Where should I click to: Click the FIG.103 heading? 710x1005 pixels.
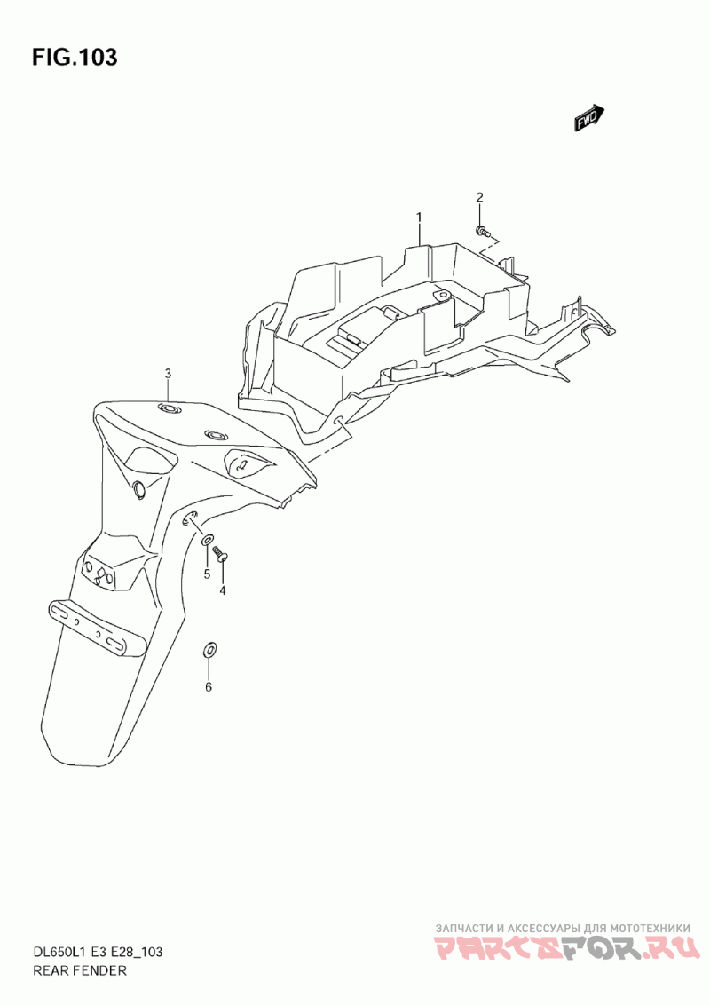(75, 58)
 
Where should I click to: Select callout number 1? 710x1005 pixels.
(419, 218)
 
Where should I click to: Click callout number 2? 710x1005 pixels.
(478, 197)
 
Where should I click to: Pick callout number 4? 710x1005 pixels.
(223, 590)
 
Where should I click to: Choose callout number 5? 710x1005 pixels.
(207, 574)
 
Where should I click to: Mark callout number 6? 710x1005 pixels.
(209, 688)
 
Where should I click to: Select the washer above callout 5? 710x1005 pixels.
(208, 540)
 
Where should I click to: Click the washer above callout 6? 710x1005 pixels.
(209, 649)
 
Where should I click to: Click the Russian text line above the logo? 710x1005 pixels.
(563, 928)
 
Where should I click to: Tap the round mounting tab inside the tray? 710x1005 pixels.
(440, 294)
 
